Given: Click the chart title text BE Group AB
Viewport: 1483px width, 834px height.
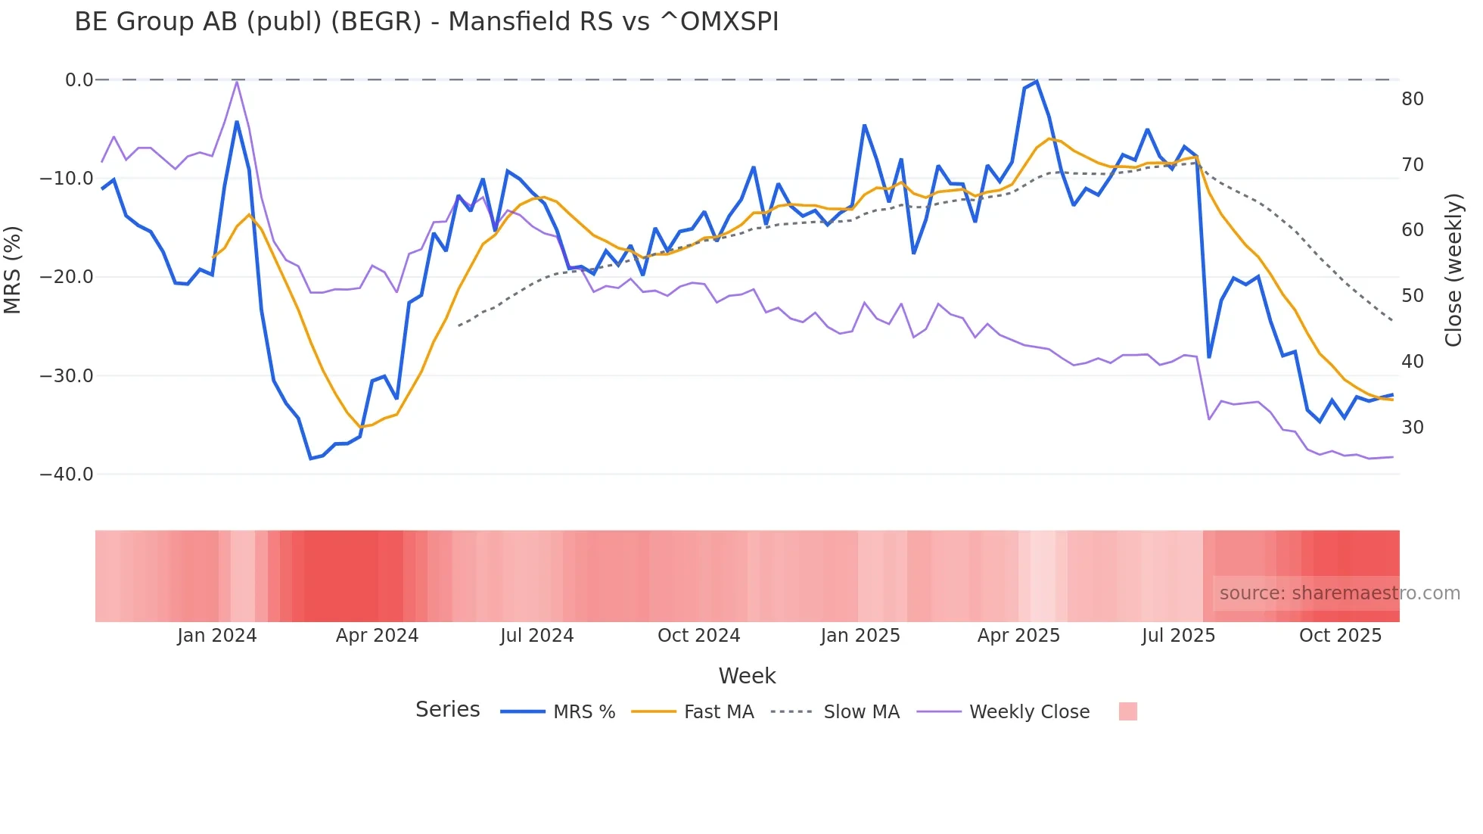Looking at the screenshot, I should click(x=426, y=22).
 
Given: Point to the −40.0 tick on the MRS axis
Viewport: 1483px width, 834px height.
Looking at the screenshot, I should click(x=67, y=475).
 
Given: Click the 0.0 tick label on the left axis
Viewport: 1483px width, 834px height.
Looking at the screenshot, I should click(x=79, y=80).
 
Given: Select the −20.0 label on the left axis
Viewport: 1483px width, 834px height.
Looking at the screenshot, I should click(x=67, y=277).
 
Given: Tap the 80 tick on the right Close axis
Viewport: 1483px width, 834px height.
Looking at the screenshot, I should click(x=1412, y=99).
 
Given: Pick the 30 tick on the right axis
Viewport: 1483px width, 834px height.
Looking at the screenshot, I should click(x=1412, y=428).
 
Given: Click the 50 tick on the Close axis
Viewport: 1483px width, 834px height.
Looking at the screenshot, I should click(x=1412, y=296).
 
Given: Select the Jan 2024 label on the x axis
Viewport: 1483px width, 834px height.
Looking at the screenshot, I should click(x=217, y=636).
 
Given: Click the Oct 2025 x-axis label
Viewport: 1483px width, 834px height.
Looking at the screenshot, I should click(x=1340, y=636).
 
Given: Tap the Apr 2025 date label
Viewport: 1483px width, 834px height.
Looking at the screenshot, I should click(x=1018, y=636).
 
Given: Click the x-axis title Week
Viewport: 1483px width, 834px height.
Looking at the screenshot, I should click(x=747, y=676).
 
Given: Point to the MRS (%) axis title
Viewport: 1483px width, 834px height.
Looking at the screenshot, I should click(x=13, y=270).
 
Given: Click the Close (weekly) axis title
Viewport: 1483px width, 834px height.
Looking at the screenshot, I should click(x=1453, y=270).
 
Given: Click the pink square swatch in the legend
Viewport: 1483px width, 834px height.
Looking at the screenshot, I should click(x=1127, y=711).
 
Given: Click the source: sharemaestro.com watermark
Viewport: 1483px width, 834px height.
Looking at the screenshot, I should click(x=1339, y=593).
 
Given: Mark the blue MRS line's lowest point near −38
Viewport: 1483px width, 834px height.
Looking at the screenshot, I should click(x=310, y=459).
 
